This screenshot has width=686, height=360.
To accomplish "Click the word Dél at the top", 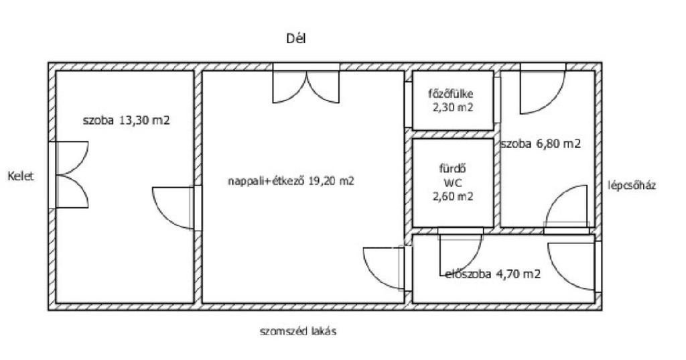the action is [x=295, y=38].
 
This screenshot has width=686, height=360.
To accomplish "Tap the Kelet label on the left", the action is [x=21, y=176].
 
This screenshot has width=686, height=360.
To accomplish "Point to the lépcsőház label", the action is [x=632, y=186].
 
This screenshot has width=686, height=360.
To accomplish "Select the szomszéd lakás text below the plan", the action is [x=298, y=332].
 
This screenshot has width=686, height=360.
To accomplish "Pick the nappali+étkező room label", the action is [x=266, y=181].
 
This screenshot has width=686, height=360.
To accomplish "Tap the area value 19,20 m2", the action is [x=331, y=181].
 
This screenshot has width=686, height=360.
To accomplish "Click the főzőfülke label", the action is [x=451, y=94].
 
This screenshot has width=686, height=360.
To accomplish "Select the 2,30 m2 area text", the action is [x=453, y=107].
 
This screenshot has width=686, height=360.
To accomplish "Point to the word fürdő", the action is [x=452, y=168].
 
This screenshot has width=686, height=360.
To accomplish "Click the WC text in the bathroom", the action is [x=452, y=182].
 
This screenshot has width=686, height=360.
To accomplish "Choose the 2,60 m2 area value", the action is [x=453, y=196].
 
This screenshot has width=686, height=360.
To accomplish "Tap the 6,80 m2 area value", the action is [x=559, y=143].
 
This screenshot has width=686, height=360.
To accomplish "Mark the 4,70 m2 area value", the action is [x=518, y=274].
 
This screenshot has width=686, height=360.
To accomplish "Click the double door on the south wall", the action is [x=306, y=86].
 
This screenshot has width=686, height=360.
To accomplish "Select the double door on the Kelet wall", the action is [x=72, y=175].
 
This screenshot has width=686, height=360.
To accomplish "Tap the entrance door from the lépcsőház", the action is [x=571, y=266].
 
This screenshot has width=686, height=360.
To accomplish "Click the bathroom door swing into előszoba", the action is [x=461, y=253].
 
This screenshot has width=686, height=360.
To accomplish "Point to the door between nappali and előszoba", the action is [x=384, y=268].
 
